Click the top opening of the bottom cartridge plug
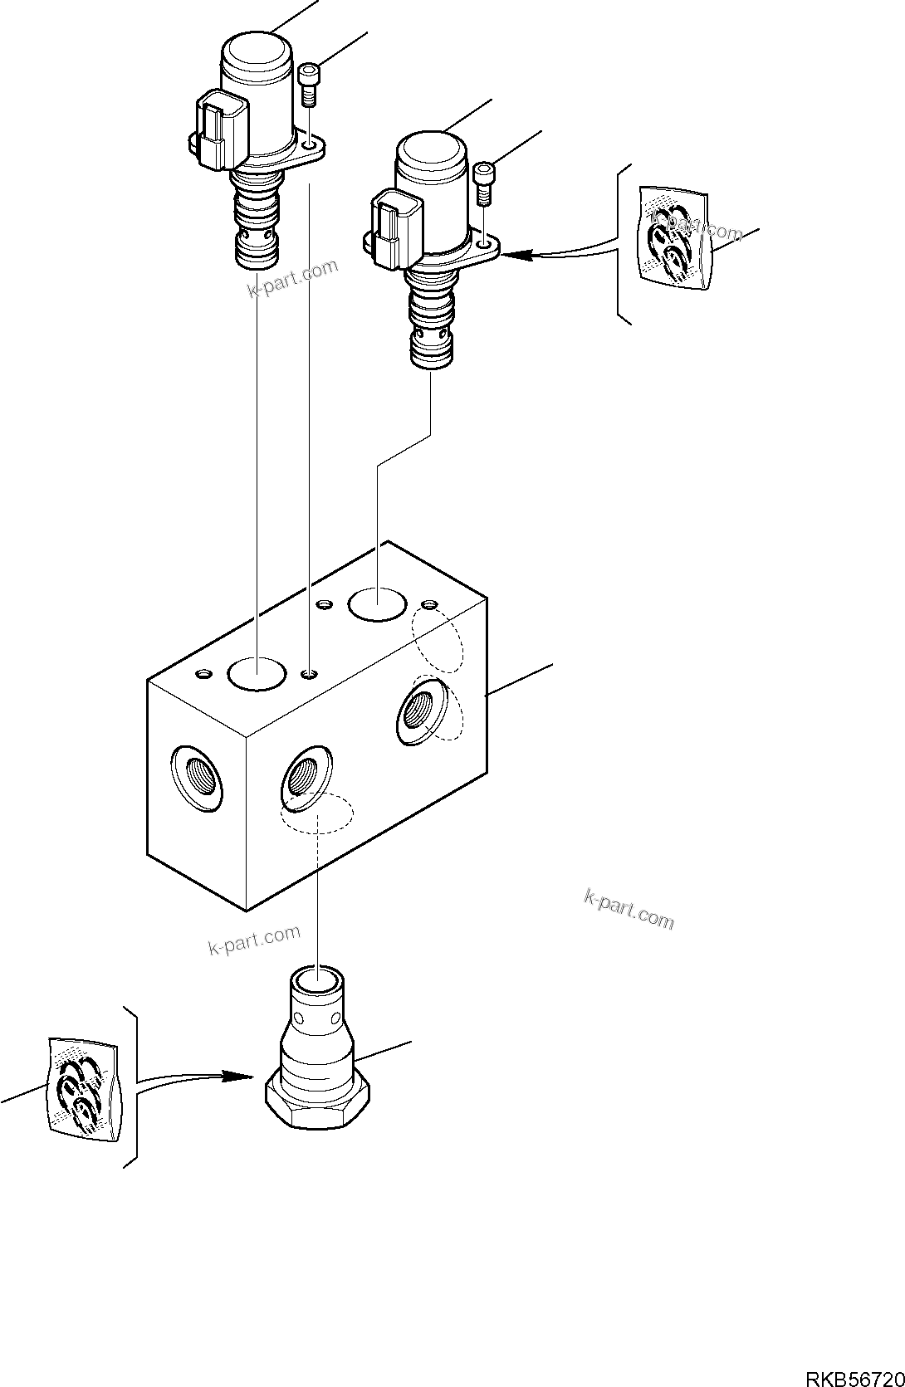click(316, 982)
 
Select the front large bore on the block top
click(257, 674)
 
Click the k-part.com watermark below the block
click(254, 940)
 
